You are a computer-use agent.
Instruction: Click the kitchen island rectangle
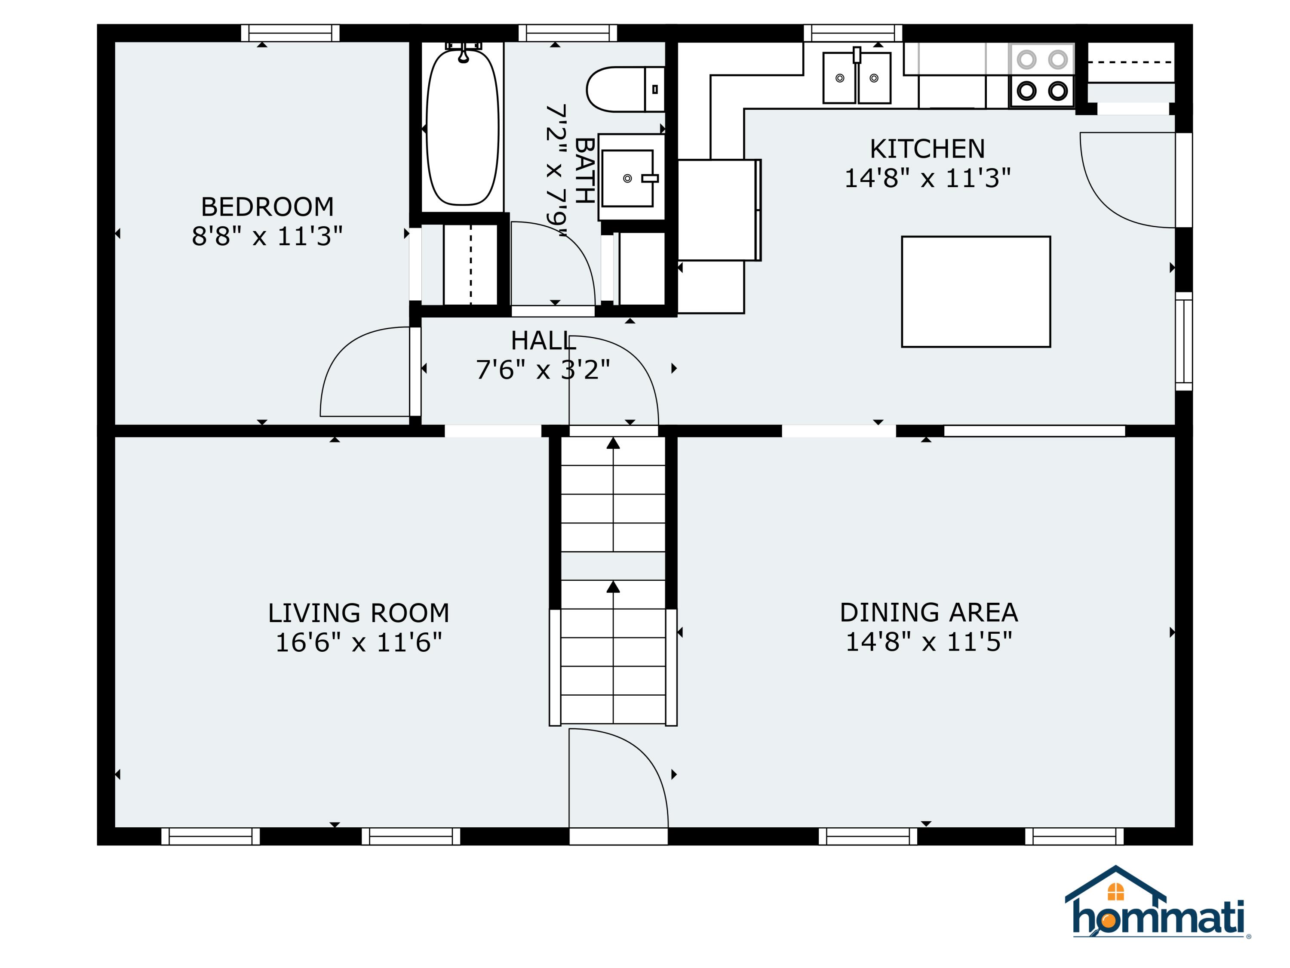click(976, 292)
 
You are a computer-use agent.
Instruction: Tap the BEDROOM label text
click(267, 207)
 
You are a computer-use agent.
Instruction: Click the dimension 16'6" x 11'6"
click(359, 642)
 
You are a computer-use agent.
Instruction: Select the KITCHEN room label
click(927, 149)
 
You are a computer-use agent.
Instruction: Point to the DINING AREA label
click(928, 613)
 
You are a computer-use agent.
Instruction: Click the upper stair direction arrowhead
click(613, 444)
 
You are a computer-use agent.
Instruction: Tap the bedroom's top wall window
click(290, 33)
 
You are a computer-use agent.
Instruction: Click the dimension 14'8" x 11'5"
click(928, 642)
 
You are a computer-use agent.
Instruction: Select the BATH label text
click(585, 170)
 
